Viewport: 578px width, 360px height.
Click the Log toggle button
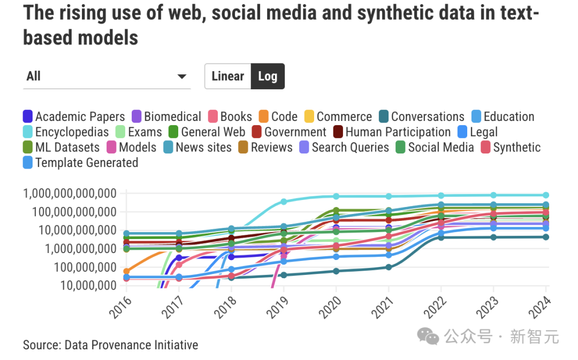(268, 76)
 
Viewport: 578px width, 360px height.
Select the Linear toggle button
(228, 76)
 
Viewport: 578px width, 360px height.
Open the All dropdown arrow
(182, 76)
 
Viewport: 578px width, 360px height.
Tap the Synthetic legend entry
(511, 147)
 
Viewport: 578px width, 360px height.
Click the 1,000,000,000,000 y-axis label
(70, 194)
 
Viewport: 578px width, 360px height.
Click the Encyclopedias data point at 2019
(284, 202)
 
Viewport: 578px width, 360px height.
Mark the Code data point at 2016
(126, 271)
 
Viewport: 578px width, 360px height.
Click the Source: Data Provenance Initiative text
(110, 345)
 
